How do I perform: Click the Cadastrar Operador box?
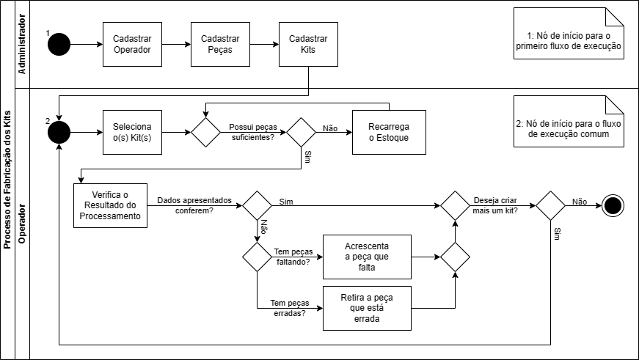pyautogui.click(x=132, y=45)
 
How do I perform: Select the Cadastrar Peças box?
pyautogui.click(x=220, y=45)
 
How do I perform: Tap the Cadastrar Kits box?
pyautogui.click(x=308, y=45)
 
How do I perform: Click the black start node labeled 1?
pyautogui.click(x=59, y=45)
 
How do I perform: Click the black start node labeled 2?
pyautogui.click(x=59, y=133)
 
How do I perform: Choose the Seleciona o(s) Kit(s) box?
pyautogui.click(x=132, y=133)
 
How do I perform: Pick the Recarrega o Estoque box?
pyautogui.click(x=389, y=133)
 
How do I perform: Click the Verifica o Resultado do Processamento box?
pyautogui.click(x=110, y=206)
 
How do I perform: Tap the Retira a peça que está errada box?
pyautogui.click(x=367, y=309)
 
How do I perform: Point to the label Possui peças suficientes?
pyautogui.click(x=252, y=132)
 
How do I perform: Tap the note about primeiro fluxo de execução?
pyautogui.click(x=569, y=41)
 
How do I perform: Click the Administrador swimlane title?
pyautogui.click(x=21, y=45)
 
